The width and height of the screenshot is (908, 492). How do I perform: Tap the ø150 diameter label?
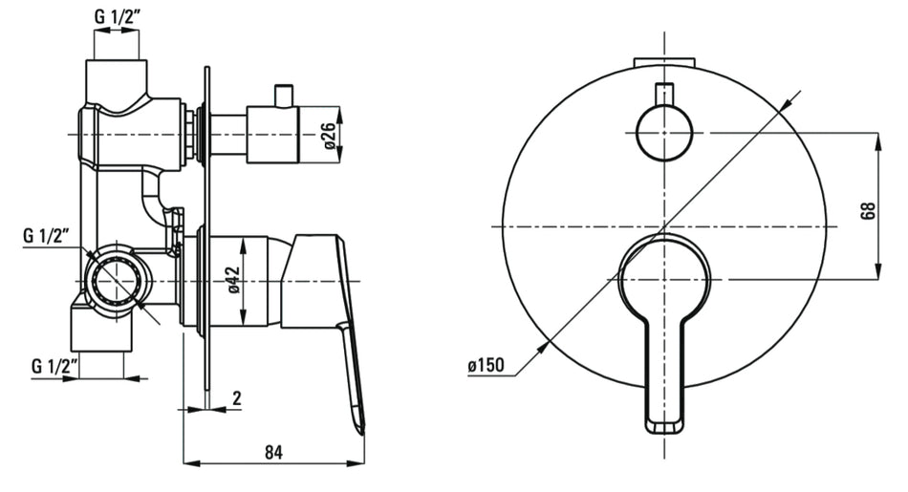(x=488, y=366)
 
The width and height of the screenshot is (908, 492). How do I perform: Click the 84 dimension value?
(x=275, y=452)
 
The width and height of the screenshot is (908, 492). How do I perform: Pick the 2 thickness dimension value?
(x=236, y=398)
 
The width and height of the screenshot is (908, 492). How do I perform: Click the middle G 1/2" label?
(x=48, y=235)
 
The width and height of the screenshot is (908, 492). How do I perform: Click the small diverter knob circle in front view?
(x=662, y=133)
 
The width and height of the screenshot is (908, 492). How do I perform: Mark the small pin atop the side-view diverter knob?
(x=282, y=96)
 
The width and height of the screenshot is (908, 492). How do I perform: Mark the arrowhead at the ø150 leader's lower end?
(x=547, y=346)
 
